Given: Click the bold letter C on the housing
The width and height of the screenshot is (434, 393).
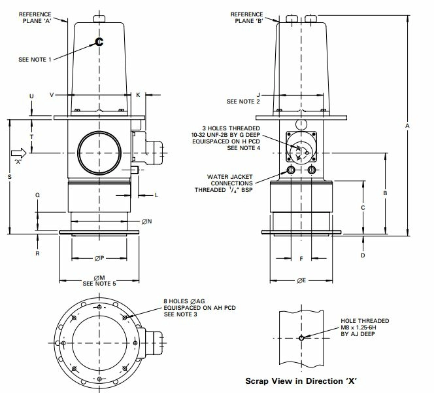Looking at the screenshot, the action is click(x=99, y=42).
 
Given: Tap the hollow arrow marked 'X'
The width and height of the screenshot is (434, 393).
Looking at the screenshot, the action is click(x=19, y=153).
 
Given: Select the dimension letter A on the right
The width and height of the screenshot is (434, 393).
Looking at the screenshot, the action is click(x=407, y=126).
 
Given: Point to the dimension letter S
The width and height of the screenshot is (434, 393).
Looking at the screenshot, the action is click(x=10, y=177).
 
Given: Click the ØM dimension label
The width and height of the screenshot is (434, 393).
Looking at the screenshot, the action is click(x=99, y=278).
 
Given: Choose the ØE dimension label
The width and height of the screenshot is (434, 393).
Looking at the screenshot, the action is click(x=301, y=280).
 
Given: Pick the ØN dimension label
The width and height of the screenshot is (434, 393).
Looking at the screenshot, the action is click(x=146, y=221).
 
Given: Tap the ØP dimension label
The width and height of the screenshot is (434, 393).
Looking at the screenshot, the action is click(x=99, y=258).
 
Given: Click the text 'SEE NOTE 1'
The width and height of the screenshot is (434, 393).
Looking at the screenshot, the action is click(x=35, y=60).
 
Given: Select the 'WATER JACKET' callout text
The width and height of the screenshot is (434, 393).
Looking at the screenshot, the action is click(x=229, y=177).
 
